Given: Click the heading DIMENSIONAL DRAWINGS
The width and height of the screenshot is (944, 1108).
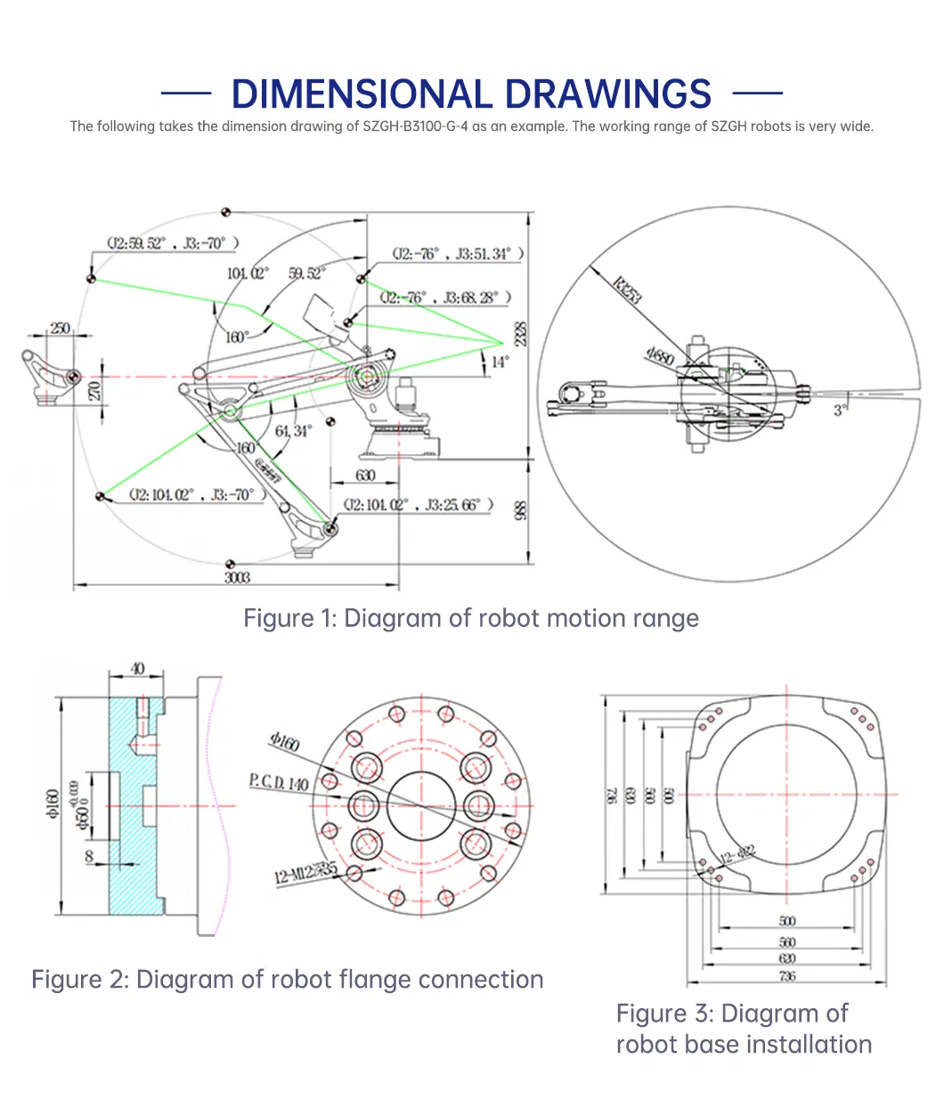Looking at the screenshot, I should pyautogui.click(x=471, y=94).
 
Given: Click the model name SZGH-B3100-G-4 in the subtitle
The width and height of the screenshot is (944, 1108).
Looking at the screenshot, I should pyautogui.click(x=415, y=126).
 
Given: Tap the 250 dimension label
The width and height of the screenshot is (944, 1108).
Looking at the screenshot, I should pyautogui.click(x=61, y=329).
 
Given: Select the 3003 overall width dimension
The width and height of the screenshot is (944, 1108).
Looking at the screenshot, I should pyautogui.click(x=237, y=577).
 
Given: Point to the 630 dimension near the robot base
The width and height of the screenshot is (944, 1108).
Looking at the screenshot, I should pyautogui.click(x=365, y=476).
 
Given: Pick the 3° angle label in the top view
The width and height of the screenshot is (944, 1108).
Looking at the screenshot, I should pyautogui.click(x=840, y=410).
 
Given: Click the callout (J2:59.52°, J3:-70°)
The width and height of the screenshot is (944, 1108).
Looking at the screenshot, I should pyautogui.click(x=173, y=243).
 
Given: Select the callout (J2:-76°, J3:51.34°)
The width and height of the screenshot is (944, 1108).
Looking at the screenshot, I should pyautogui.click(x=458, y=254).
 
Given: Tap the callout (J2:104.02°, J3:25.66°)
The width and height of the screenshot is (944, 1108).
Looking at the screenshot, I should pyautogui.click(x=419, y=505).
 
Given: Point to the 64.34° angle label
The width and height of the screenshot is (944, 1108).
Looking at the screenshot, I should pyautogui.click(x=293, y=431).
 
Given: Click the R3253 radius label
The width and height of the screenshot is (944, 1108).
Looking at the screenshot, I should pyautogui.click(x=627, y=290).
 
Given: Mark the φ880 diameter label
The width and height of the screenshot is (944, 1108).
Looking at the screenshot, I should pyautogui.click(x=660, y=356).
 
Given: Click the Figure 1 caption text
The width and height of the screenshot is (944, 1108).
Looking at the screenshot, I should pyautogui.click(x=471, y=618).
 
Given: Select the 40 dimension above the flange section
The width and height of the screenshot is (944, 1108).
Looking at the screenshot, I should pyautogui.click(x=137, y=669).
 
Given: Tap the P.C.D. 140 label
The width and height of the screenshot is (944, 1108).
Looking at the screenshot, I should pyautogui.click(x=279, y=783).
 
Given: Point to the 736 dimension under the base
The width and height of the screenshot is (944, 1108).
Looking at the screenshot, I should pyautogui.click(x=787, y=976).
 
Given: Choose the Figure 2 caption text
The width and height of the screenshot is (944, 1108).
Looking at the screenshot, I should pyautogui.click(x=287, y=980).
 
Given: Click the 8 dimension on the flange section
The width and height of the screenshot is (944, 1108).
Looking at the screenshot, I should pyautogui.click(x=89, y=856).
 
